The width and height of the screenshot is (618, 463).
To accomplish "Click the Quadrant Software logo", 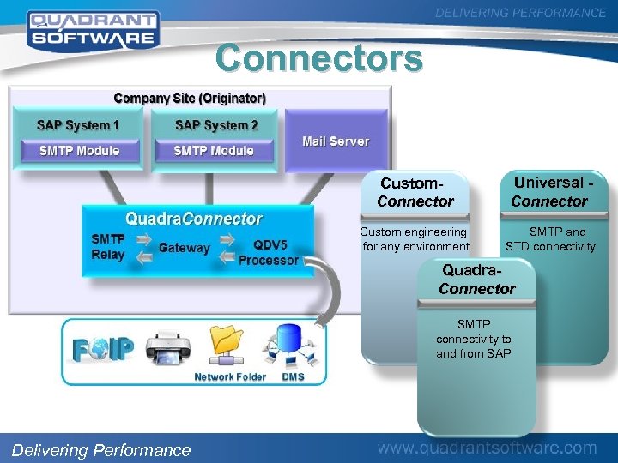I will point(92,28).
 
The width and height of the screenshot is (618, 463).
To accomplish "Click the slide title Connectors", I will point(319,59).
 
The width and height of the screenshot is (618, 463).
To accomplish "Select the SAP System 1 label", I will point(78,125).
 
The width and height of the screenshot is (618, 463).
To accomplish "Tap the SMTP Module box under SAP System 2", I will point(214,151).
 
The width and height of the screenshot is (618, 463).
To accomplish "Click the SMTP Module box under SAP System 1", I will point(79,151).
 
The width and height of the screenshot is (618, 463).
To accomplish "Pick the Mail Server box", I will point(336,141).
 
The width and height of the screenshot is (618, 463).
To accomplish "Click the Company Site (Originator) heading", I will point(190,99).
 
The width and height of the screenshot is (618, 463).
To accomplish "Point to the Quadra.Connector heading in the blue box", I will point(194,219).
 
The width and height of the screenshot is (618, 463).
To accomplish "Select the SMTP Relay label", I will point(108,247).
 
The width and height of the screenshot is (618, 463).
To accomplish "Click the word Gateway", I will point(184,248).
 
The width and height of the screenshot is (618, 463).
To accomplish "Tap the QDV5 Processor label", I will point(269,253).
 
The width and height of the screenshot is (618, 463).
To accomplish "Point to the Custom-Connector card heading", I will point(415,193).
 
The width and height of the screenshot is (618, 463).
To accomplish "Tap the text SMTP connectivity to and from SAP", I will point(473,339).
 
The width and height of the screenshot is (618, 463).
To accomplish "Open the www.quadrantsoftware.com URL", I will point(488,448).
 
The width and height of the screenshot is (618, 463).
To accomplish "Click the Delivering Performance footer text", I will point(101,450).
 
